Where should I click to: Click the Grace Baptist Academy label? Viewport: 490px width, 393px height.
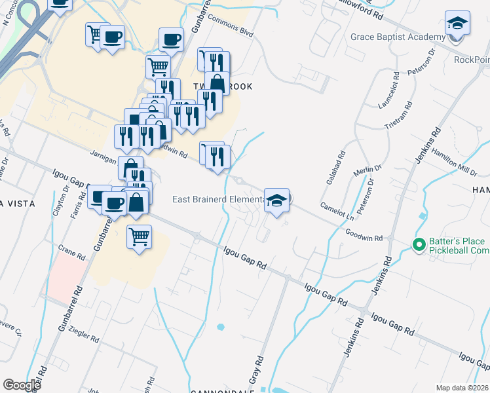click(x=398, y=37)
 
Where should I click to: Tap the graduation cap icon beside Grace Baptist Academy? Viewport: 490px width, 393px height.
click(x=457, y=25)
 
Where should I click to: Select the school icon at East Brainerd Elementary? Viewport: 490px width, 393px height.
click(x=276, y=200)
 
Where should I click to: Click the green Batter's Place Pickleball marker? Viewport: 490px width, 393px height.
click(x=419, y=244)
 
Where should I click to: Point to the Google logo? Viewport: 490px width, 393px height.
click(x=22, y=385)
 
